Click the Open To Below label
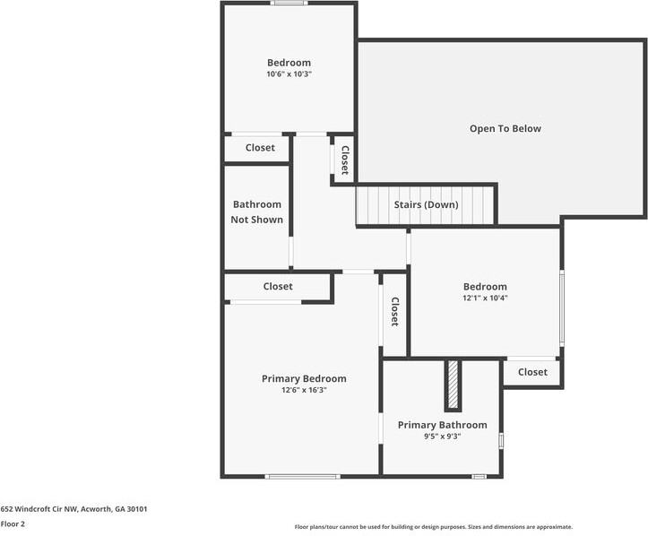pyautogui.click(x=505, y=128)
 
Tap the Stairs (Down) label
pyautogui.click(x=426, y=204)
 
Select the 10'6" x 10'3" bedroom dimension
pyautogui.click(x=289, y=74)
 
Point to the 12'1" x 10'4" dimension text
pyautogui.click(x=485, y=298)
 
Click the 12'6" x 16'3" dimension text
pyautogui.click(x=304, y=390)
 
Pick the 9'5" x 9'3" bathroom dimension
pyautogui.click(x=442, y=436)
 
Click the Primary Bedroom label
pyautogui.click(x=304, y=378)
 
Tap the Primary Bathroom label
pyautogui.click(x=442, y=425)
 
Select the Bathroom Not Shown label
pyautogui.click(x=256, y=212)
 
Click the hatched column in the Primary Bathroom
pyautogui.click(x=453, y=385)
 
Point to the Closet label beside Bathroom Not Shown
pyautogui.click(x=260, y=148)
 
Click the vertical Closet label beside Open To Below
pyautogui.click(x=345, y=160)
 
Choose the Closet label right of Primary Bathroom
pyautogui.click(x=532, y=372)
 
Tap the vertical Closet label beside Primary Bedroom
pyautogui.click(x=394, y=312)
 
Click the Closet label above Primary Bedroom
pyautogui.click(x=278, y=287)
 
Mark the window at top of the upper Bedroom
pyautogui.click(x=289, y=3)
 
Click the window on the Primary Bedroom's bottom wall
pyautogui.click(x=303, y=477)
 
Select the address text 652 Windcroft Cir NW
pyautogui.click(x=39, y=509)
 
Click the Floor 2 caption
pyautogui.click(x=13, y=524)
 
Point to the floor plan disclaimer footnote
pyautogui.click(x=434, y=527)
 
